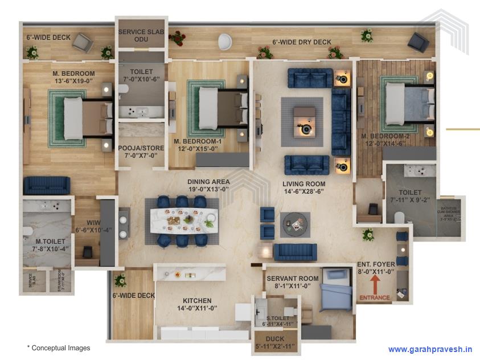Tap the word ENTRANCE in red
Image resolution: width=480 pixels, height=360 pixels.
pyautogui.click(x=374, y=297)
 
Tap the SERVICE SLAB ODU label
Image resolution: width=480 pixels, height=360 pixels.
pyautogui.click(x=141, y=36)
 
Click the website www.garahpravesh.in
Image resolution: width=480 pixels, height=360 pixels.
pyautogui.click(x=430, y=349)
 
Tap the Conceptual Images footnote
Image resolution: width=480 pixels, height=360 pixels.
pyautogui.click(x=59, y=347)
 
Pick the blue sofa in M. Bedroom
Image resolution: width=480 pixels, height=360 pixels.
pyautogui.click(x=47, y=185)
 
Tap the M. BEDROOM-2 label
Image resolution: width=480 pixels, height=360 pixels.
pyautogui.click(x=384, y=140)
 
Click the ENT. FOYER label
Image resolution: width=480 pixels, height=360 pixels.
pyautogui.click(x=375, y=268)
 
